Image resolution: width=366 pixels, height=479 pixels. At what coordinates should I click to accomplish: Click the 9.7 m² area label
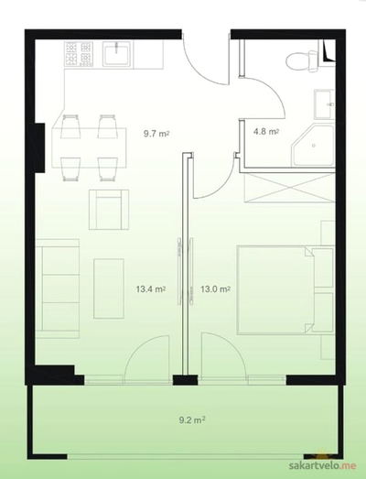[156, 134]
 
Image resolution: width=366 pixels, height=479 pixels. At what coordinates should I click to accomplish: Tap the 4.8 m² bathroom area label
[266, 132]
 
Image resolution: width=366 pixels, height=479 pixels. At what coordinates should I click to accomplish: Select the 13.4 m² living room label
[151, 289]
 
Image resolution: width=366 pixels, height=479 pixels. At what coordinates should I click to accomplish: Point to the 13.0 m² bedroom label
[215, 289]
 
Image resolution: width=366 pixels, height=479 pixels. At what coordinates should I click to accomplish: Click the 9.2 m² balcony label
[192, 420]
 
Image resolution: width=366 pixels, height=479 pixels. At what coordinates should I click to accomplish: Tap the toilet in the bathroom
[302, 61]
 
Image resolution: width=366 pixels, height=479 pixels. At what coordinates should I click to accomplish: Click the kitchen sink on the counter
[117, 54]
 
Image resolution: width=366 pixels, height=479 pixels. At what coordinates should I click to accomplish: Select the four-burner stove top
[79, 54]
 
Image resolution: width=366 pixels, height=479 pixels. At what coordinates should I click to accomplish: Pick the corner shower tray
[312, 145]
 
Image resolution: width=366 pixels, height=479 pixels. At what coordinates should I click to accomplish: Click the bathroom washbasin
[324, 104]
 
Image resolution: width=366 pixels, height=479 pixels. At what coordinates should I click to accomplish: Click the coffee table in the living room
[109, 288]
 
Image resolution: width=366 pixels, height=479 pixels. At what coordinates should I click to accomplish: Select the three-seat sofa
[58, 288]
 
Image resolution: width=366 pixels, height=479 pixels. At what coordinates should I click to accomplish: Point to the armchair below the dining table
[109, 210]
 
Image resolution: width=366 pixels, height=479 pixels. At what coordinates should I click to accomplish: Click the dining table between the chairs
[89, 147]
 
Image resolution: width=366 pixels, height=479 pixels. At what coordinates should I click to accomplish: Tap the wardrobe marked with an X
[289, 187]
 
